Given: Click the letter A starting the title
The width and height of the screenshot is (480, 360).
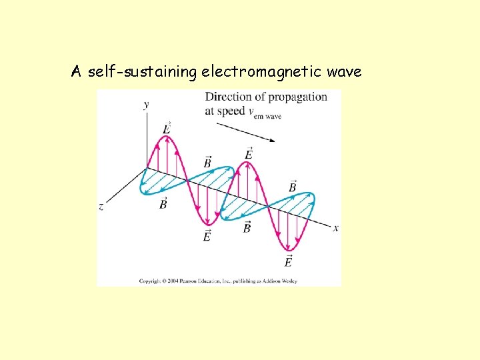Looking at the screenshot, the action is coord(77,71).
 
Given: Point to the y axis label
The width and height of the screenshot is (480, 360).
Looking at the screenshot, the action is coord(146,105).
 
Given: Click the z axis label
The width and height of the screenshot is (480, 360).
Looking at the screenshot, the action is coord(101,207).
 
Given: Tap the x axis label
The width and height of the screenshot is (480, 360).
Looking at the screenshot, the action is coord(336,228).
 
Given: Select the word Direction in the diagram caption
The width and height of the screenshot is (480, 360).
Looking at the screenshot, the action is coord(227,97).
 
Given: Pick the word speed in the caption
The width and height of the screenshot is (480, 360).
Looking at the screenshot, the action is coord(231,111).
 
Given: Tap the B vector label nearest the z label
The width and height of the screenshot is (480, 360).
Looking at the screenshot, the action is coord(163,203).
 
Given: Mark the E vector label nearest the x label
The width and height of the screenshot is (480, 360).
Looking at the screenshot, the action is coord(289,261).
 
